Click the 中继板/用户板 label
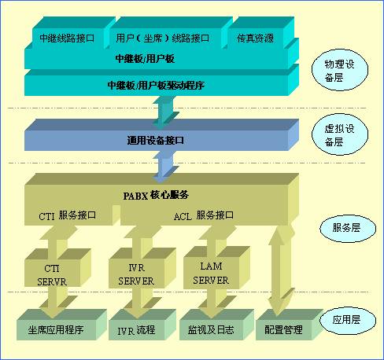[x=145, y=59]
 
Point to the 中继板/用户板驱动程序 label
[x=156, y=85]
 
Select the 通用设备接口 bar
[x=161, y=135]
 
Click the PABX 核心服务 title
[x=156, y=195]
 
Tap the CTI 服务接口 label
[x=68, y=215]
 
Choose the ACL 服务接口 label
[x=204, y=215]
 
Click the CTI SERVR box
[x=57, y=267]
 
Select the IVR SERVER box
[x=142, y=268]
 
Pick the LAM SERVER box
[x=216, y=268]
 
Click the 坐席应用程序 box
[x=61, y=325]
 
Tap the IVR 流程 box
[x=142, y=325]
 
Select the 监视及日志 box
[x=216, y=325]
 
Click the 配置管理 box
[x=290, y=325]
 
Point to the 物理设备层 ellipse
[x=340, y=70]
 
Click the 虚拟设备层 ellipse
[x=340, y=134]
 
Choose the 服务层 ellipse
[x=348, y=228]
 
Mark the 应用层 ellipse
[x=348, y=320]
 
